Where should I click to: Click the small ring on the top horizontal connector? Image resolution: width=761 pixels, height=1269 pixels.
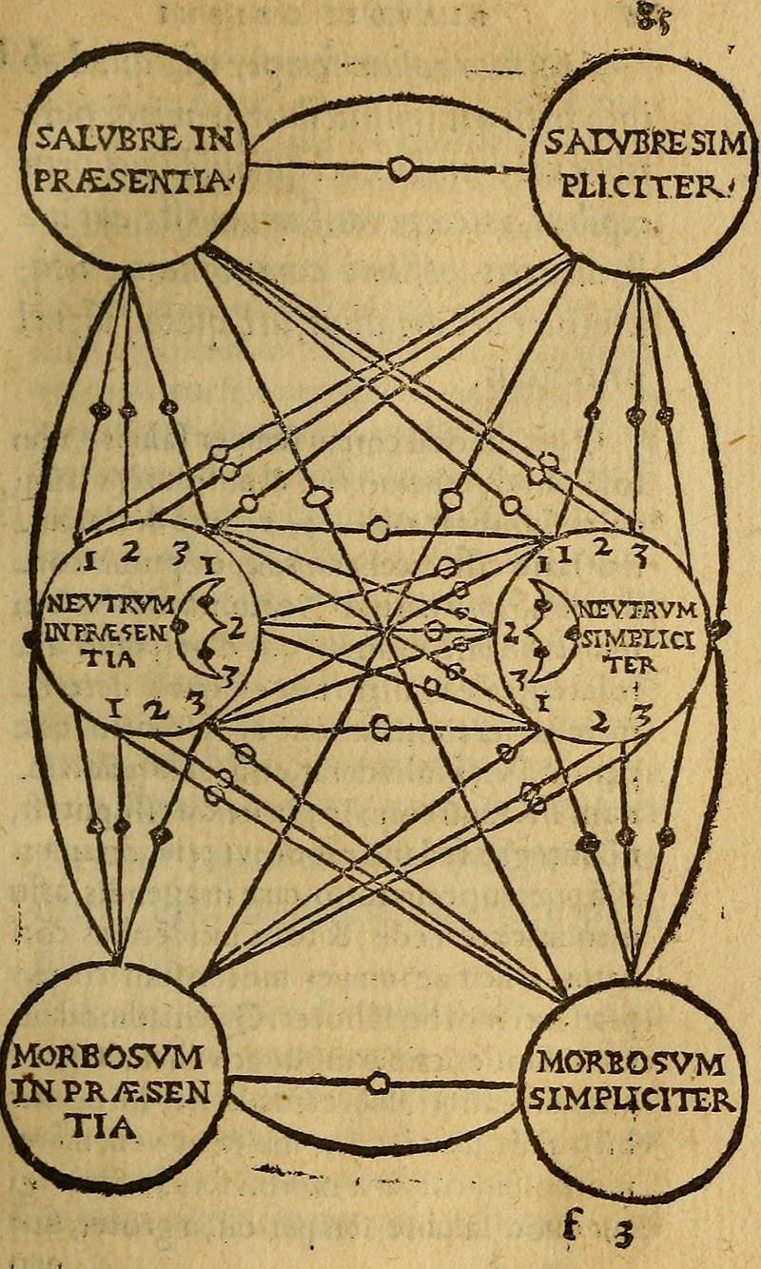tap(400, 169)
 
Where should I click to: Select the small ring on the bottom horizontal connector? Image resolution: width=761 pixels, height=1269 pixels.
tap(379, 1083)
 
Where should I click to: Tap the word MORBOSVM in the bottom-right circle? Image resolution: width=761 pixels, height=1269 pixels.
tap(631, 1063)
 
